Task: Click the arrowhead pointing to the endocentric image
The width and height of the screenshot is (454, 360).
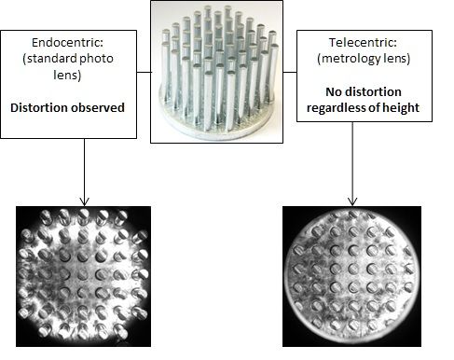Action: coord(84,200)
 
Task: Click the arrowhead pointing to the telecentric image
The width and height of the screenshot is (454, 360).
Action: coord(352,200)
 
